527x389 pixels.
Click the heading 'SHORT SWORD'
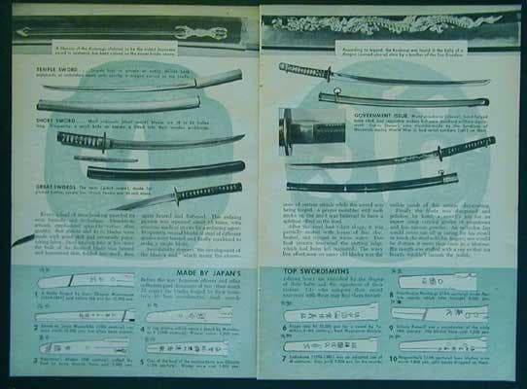coord(59,124)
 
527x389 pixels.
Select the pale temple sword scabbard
coord(117,103)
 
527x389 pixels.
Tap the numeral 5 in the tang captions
coord(146,359)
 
